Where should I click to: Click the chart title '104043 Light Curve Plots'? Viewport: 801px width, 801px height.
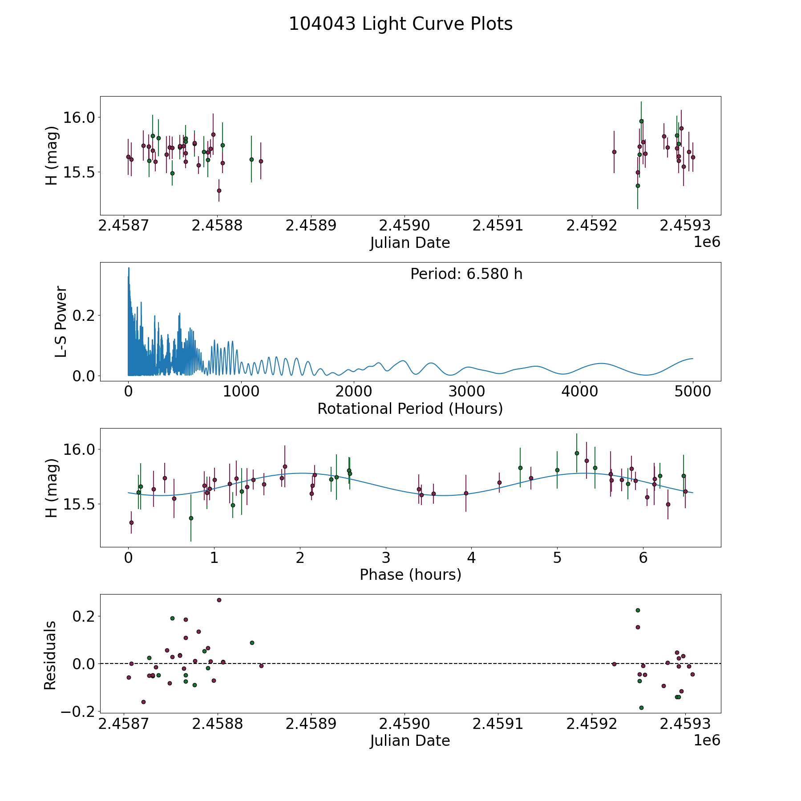[400, 24]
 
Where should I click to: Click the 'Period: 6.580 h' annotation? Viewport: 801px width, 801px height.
[466, 274]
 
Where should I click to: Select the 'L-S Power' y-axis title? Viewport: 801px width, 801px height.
[61, 322]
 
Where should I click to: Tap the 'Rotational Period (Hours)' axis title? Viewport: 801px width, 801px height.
[410, 409]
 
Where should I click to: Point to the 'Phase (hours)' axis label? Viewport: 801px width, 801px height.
[410, 574]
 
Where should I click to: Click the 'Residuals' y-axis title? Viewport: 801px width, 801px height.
[50, 655]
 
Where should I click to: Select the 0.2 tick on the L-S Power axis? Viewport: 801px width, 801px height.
[85, 316]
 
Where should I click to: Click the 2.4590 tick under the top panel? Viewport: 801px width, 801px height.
[405, 225]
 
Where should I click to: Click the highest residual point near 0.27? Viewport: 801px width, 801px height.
[219, 600]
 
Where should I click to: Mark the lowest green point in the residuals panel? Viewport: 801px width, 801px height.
[641, 708]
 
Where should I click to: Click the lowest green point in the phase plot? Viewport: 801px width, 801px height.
[191, 518]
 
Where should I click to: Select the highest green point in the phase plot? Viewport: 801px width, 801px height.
[577, 453]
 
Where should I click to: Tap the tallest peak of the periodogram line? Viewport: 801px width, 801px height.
[129, 268]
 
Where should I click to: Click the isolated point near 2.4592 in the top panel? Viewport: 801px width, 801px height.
[614, 152]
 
